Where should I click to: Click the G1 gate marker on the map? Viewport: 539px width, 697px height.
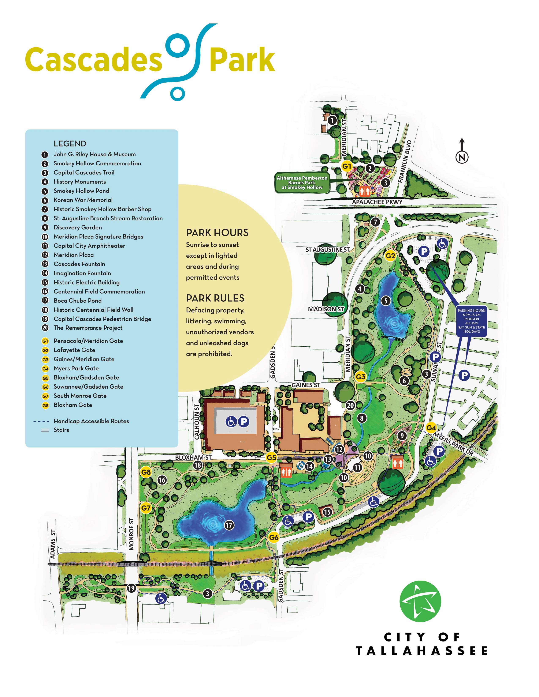coord(346,166)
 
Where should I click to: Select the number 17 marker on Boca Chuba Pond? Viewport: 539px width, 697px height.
coord(229,525)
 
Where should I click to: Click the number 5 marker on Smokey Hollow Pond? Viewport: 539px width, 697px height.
coord(386,301)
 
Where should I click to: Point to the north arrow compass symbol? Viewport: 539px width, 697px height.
coord(462,152)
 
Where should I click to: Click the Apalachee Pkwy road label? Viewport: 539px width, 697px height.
coord(377,202)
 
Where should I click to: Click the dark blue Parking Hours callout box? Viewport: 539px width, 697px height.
coord(471,321)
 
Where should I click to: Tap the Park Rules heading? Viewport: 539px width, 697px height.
coord(215,298)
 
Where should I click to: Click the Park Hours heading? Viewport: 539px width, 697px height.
coord(217,233)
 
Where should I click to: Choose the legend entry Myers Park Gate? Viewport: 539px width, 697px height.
coord(76,368)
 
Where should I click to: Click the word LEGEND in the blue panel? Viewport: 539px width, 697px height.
coord(70,144)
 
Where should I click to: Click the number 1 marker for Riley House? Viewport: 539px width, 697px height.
coord(332,120)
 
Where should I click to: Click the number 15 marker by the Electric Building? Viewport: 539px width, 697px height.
coord(327,512)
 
